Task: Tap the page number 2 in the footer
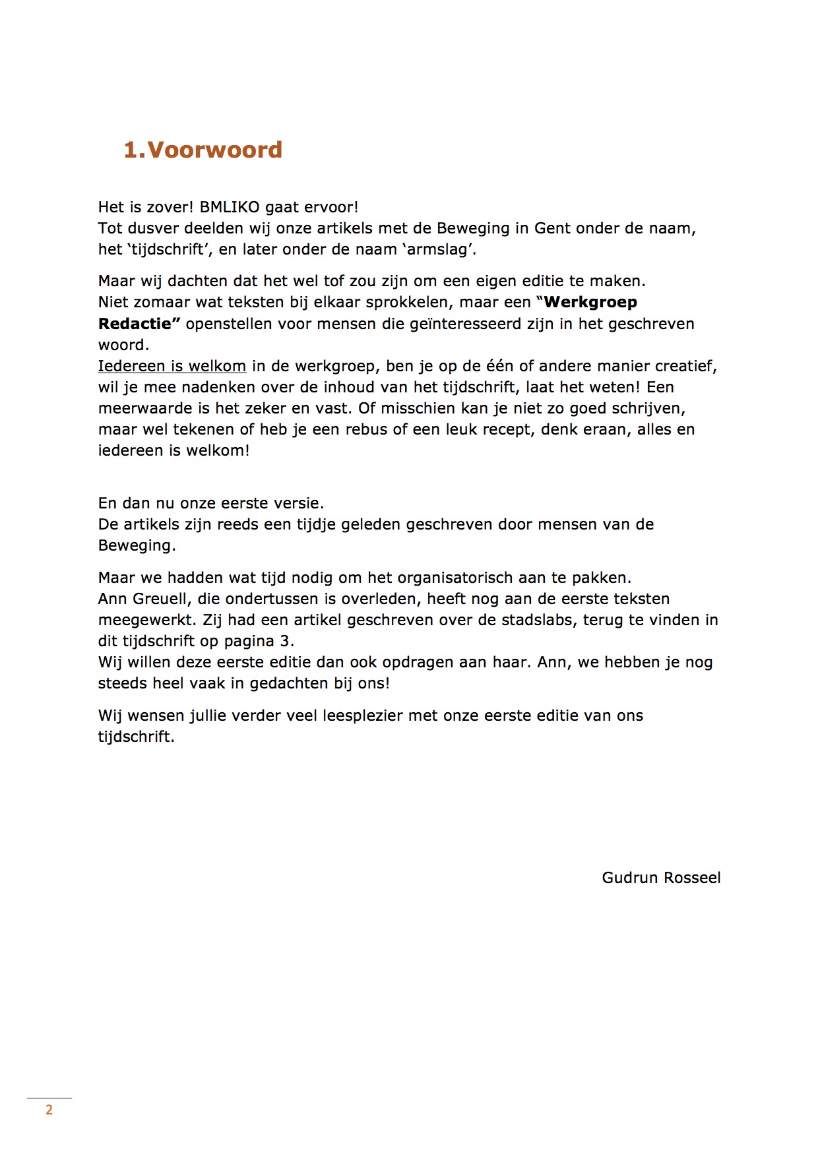[49, 1110]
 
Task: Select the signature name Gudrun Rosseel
[661, 878]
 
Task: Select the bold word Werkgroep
[590, 303]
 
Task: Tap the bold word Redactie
[139, 324]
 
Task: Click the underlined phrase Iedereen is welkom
[172, 366]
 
